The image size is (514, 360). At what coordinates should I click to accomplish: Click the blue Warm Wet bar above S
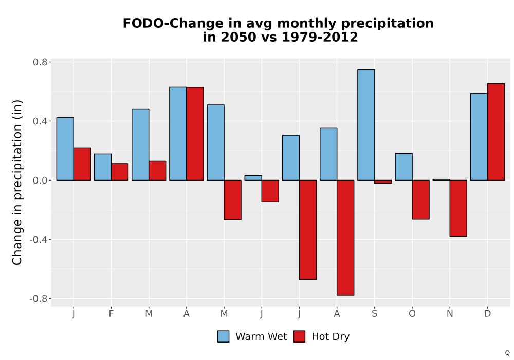coord(366,125)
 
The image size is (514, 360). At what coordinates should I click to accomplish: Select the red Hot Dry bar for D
coord(495,132)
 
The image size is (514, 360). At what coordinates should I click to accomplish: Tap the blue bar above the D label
coord(479,137)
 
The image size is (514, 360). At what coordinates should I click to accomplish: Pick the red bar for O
coord(420,200)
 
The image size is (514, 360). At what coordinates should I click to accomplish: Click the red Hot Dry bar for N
coord(458,208)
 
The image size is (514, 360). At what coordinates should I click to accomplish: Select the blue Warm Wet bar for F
coord(103,167)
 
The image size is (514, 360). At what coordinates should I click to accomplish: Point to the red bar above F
coord(120,172)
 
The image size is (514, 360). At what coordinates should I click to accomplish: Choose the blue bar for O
coord(404,167)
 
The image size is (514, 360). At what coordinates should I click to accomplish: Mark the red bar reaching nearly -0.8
coord(345,238)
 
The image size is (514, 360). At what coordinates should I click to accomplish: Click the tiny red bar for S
coord(383,182)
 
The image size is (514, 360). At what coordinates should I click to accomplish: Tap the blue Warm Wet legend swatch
coord(223,336)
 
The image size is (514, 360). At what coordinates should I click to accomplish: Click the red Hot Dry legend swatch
coord(299,336)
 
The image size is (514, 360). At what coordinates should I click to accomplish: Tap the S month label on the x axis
coord(374,314)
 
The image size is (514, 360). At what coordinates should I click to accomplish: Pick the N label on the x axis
coord(450,314)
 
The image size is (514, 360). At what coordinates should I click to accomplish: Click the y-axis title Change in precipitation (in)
coord(17,182)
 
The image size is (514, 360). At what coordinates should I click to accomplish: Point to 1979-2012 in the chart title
coord(320,37)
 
